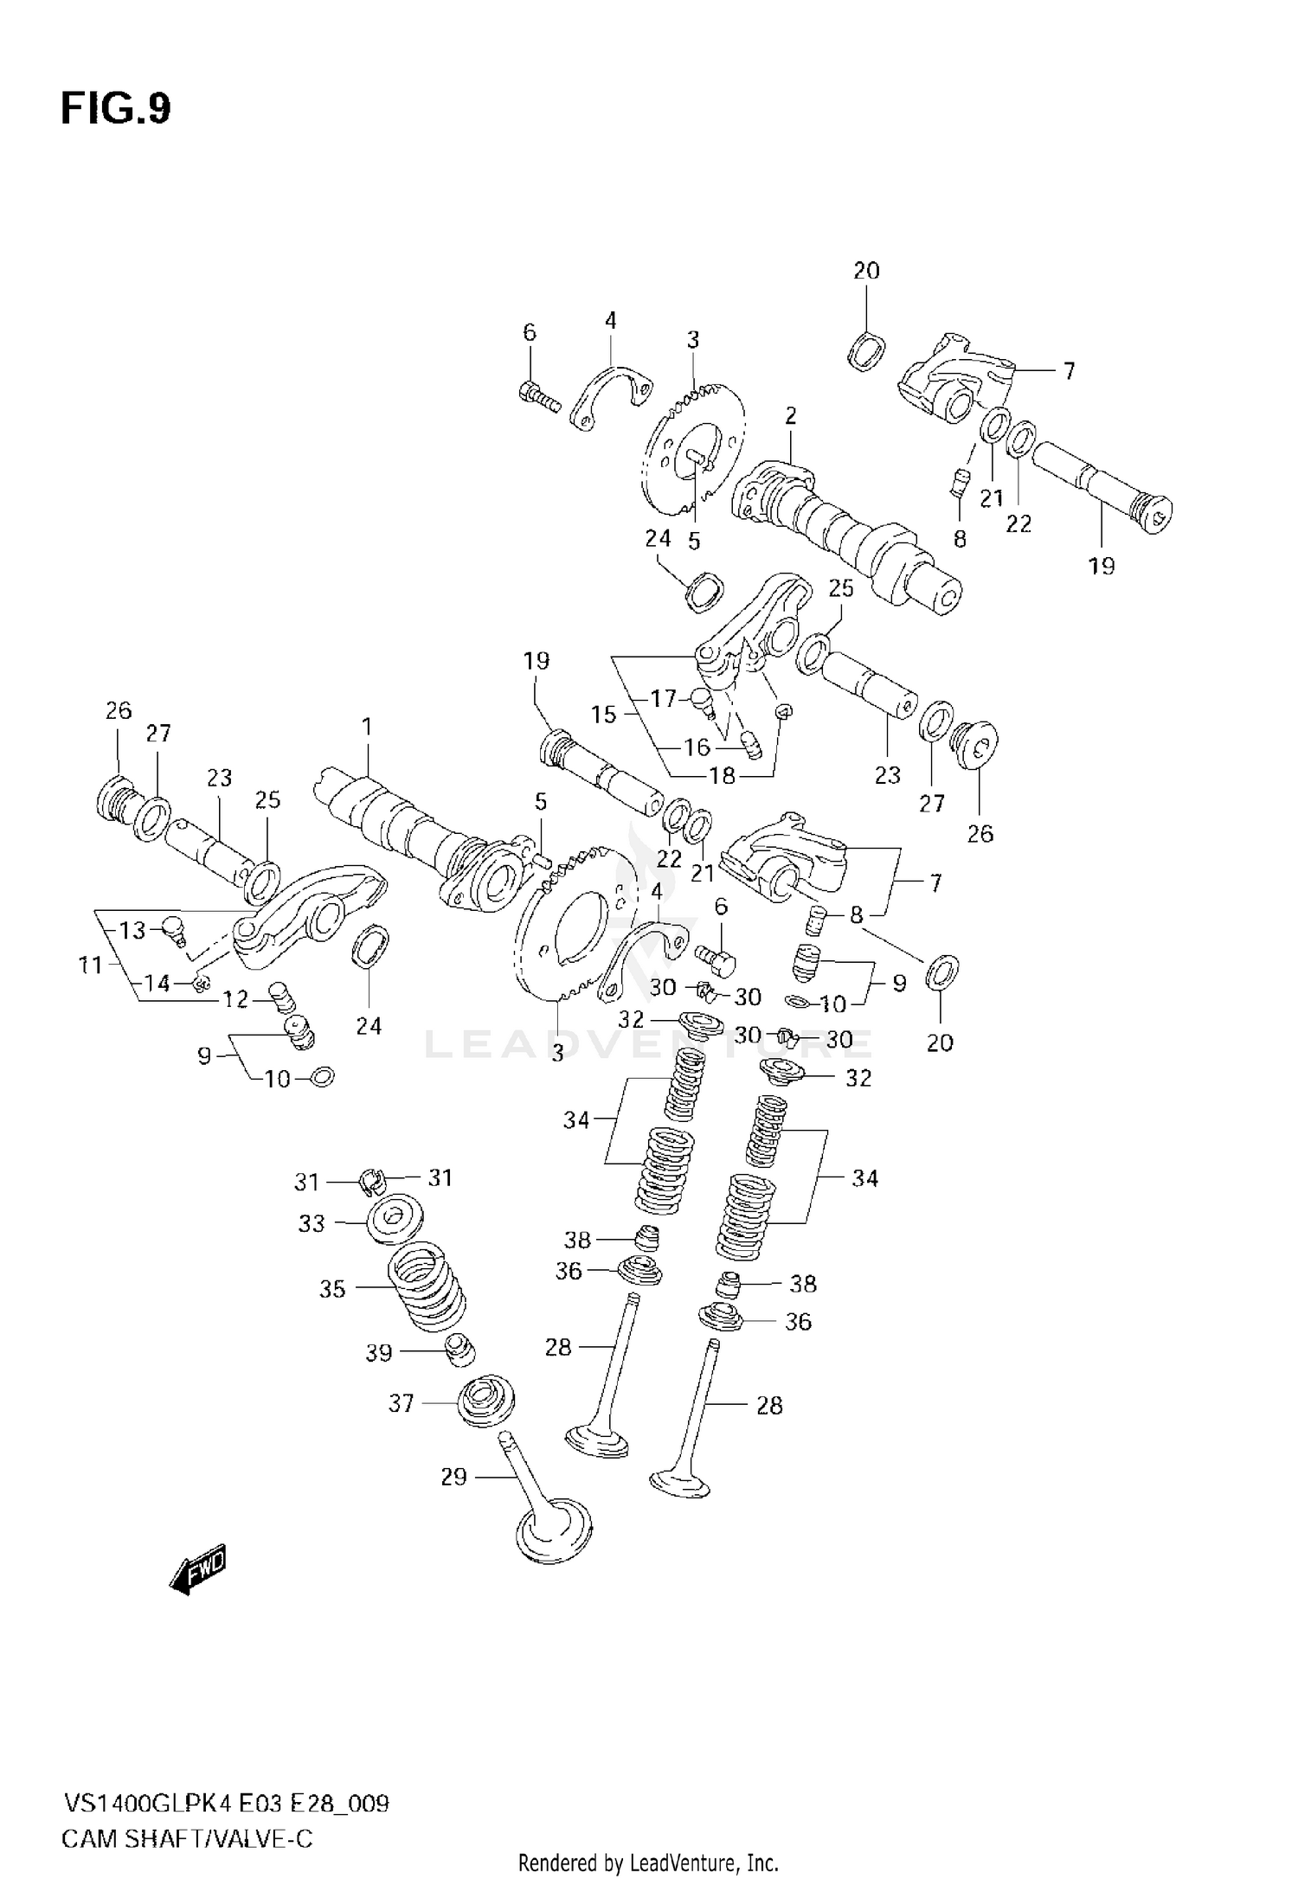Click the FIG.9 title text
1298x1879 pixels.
[x=116, y=110]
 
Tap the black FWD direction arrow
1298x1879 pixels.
[x=198, y=1567]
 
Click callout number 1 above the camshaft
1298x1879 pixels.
[x=367, y=727]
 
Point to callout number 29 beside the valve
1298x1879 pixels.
[x=453, y=1477]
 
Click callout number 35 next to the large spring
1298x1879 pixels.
[x=332, y=1289]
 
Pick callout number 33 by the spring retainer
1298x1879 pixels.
[x=312, y=1223]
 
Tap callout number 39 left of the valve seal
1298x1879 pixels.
[x=378, y=1353]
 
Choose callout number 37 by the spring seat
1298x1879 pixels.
[x=401, y=1403]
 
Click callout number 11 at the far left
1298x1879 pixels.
[x=90, y=965]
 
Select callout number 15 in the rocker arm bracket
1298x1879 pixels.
[x=604, y=715]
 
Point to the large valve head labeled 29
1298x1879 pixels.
[x=555, y=1532]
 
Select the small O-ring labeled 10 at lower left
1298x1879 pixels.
[x=321, y=1077]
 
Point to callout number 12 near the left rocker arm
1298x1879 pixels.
[x=235, y=1000]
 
